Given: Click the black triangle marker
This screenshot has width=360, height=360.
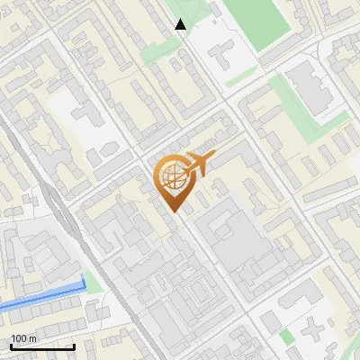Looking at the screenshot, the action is click(181, 24).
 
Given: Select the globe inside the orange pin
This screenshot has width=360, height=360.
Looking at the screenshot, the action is click(171, 177).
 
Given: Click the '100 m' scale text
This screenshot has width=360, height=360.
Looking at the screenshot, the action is click(24, 338).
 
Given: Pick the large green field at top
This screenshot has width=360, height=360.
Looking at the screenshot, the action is click(256, 22).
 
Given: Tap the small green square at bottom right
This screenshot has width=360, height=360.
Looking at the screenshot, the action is click(286, 337).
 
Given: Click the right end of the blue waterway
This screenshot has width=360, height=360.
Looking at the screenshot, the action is click(85, 282).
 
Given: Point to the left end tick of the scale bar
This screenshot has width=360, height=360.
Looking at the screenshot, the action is click(12, 346).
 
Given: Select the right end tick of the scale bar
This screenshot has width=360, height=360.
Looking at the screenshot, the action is click(74, 346).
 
